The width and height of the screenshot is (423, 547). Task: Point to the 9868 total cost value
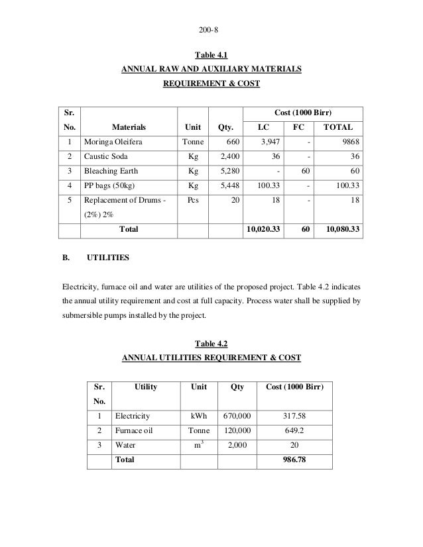tap(347, 142)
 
